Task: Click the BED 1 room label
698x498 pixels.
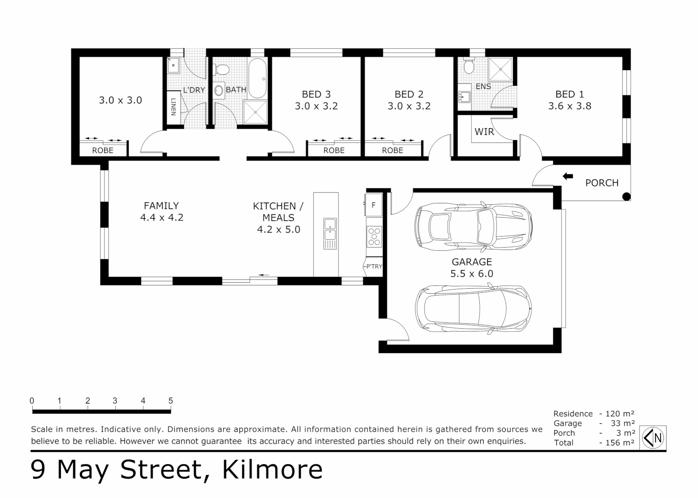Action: click(569, 95)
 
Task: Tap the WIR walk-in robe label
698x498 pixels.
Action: click(484, 132)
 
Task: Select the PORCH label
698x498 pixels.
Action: click(602, 183)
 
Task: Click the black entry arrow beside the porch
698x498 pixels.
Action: click(567, 176)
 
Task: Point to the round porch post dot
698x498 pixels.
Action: click(626, 197)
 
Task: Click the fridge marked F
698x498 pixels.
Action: click(374, 205)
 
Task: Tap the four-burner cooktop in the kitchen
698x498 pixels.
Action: click(374, 236)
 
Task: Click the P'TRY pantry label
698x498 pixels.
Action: click(374, 267)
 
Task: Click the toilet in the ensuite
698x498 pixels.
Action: click(469, 67)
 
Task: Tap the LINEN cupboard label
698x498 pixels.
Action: click(173, 107)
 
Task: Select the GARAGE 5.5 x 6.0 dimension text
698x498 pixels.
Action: click(471, 274)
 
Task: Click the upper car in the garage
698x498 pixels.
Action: click(474, 226)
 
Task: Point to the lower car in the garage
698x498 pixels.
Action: click(473, 308)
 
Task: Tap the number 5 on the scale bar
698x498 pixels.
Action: click(171, 401)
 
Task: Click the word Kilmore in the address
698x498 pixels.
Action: click(272, 470)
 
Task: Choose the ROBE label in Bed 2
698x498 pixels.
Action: click(392, 150)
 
